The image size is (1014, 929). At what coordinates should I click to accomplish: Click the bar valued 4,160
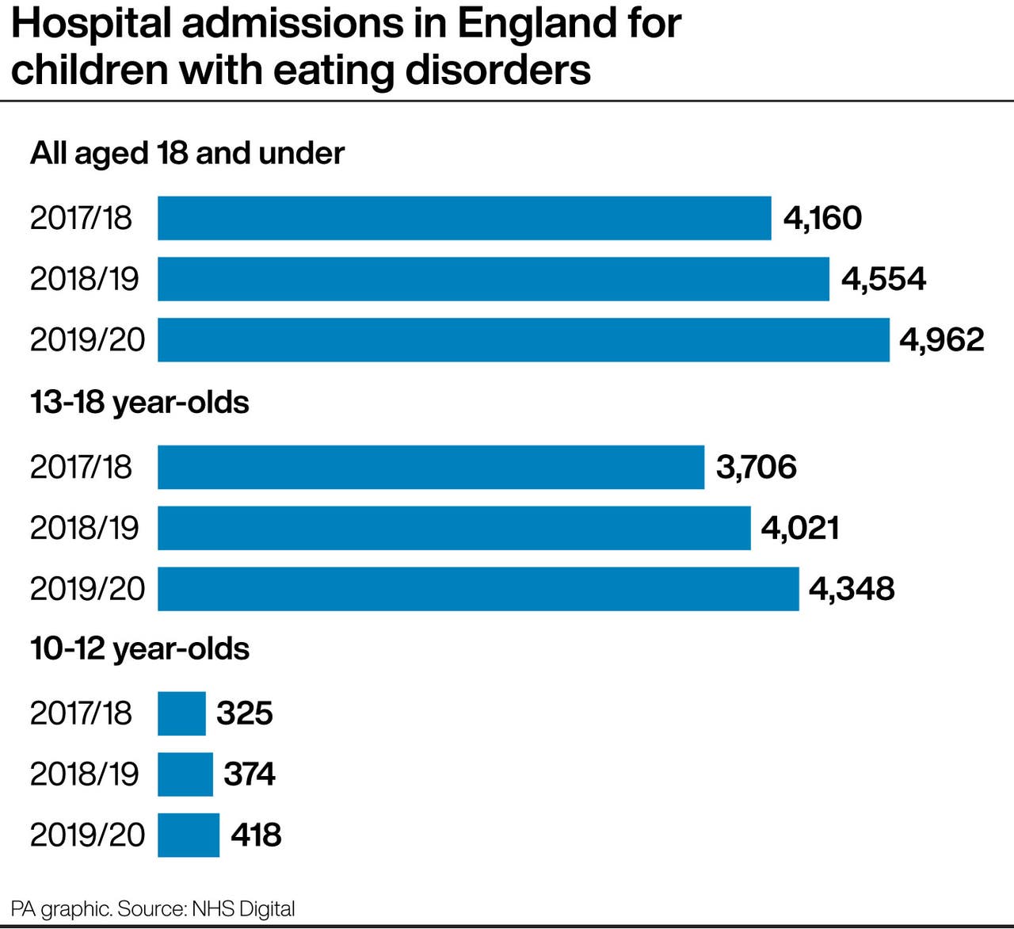(464, 218)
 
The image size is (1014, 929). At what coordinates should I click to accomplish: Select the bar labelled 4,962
(523, 340)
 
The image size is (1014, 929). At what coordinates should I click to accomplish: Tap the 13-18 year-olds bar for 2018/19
(454, 528)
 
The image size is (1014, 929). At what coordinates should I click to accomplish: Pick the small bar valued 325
(181, 713)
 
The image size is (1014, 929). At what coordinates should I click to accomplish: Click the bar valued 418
(189, 835)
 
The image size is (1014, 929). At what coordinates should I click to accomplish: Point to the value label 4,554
(883, 279)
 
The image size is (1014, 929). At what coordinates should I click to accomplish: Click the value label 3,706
(756, 467)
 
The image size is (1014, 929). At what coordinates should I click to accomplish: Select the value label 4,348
(852, 589)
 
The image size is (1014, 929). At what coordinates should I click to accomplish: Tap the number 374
(250, 774)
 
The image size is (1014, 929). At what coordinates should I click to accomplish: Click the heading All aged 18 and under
(187, 153)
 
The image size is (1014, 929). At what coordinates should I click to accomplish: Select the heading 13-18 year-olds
(139, 403)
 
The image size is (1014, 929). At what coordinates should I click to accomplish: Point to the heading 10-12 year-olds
(139, 649)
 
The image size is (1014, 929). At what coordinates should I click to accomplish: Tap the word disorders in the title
(498, 70)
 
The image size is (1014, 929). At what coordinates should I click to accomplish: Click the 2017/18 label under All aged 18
(81, 218)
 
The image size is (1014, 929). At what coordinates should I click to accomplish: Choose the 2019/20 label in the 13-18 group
(87, 589)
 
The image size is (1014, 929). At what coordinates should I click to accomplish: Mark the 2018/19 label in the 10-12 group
(84, 774)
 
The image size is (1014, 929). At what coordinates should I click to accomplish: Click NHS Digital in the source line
(243, 908)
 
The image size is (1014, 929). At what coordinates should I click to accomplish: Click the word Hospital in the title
(91, 24)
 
